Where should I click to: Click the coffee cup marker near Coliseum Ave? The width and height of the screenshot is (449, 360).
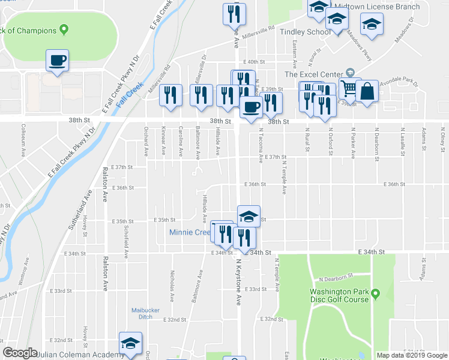tap(57, 60)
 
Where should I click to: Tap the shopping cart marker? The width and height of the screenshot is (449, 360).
tap(348, 89)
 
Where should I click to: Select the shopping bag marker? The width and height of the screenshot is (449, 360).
tap(367, 91)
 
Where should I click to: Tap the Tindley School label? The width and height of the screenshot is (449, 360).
tap(302, 32)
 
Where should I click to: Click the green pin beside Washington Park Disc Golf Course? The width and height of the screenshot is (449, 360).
tap(376, 294)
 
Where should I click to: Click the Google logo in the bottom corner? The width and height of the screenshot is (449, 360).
tap(20, 353)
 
